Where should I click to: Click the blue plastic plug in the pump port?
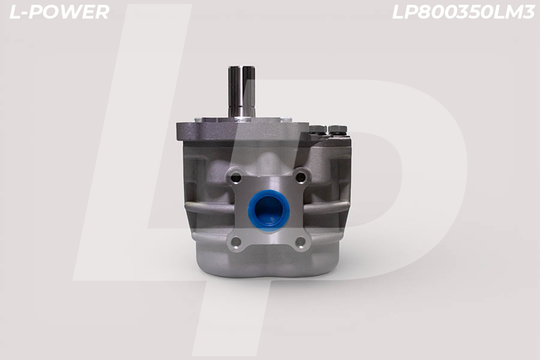coord(269,211)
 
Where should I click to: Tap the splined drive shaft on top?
coord(242,91)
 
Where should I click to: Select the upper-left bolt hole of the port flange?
coord(236,178)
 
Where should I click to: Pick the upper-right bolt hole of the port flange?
coord(300,178)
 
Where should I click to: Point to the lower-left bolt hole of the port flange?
coord(236,242)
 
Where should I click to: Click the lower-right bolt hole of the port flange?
coord(300,242)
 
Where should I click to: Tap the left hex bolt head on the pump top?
coord(317,130)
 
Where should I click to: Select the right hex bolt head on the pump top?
coord(337,130)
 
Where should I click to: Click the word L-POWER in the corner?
coord(59,12)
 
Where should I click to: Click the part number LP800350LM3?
coord(463,12)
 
